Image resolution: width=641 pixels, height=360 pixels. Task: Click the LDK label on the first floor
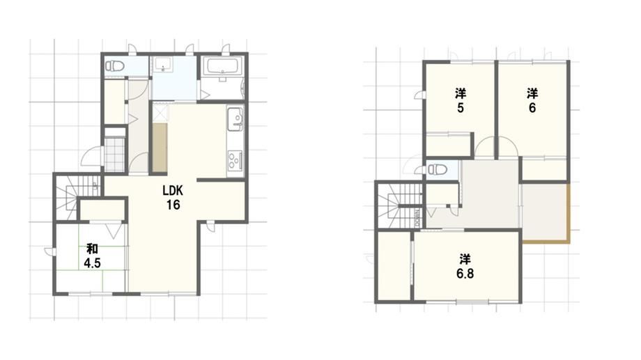tap(173, 190)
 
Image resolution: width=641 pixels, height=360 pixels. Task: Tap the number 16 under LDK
tap(173, 205)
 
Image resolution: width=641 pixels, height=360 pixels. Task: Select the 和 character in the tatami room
tap(92, 249)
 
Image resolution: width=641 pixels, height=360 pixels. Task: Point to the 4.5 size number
tap(93, 263)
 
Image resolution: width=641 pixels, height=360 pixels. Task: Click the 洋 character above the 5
tap(461, 93)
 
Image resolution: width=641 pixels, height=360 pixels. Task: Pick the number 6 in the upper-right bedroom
tap(532, 108)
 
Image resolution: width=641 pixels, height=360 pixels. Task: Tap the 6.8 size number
tap(465, 274)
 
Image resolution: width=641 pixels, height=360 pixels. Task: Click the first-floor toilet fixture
tap(114, 65)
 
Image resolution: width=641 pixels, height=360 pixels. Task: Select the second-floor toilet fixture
tap(437, 169)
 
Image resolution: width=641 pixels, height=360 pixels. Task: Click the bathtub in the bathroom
tap(223, 67)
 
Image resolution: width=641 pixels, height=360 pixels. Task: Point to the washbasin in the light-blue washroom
tap(164, 65)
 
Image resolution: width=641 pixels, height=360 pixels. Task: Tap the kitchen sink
tap(235, 119)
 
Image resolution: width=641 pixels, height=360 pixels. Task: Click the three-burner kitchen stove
tap(235, 160)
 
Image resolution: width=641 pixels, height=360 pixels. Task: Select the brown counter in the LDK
tap(160, 148)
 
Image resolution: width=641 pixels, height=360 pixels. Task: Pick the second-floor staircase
tap(400, 205)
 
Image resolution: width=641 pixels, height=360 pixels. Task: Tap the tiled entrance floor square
tap(114, 155)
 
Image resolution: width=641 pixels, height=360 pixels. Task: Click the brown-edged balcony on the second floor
tap(546, 213)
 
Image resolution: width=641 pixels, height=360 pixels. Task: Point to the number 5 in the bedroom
tap(461, 108)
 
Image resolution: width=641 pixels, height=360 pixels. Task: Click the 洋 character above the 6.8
tap(465, 259)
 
